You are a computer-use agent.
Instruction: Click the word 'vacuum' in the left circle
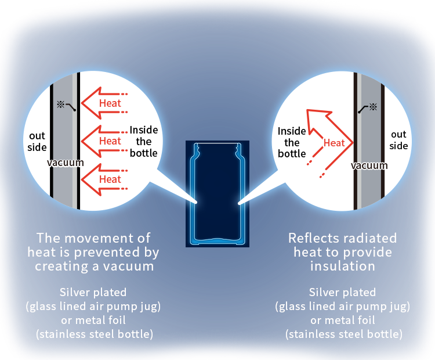(64, 163)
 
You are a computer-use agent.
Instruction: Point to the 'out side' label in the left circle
(38, 142)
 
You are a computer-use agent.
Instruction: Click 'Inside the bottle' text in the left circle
(143, 142)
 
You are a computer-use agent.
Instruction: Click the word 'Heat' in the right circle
(334, 143)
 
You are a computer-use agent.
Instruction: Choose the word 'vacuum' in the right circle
(369, 165)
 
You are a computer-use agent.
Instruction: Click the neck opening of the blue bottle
(217, 145)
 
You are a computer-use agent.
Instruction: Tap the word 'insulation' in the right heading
(342, 266)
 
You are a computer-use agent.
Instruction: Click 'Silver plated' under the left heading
(93, 292)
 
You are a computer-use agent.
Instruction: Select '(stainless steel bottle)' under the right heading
(343, 334)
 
